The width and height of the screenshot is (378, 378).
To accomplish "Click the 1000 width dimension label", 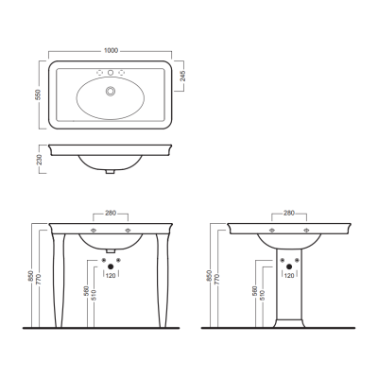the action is tap(111, 50).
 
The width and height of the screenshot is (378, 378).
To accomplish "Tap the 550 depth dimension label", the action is tap(38, 94).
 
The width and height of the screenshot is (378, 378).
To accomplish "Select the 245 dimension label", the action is tap(183, 76).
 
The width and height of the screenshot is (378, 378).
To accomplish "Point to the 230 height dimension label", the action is tap(39, 160).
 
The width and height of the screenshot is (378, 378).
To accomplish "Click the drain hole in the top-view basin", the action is tap(111, 91).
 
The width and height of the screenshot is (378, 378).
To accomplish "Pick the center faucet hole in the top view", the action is tap(111, 73).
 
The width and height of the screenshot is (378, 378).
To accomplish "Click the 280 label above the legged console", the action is tap(111, 214).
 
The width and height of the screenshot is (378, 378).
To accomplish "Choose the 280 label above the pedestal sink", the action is tap(289, 214).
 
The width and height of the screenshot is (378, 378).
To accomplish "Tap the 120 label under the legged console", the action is tap(111, 275).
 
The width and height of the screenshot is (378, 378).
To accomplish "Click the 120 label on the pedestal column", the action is tap(289, 275).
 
